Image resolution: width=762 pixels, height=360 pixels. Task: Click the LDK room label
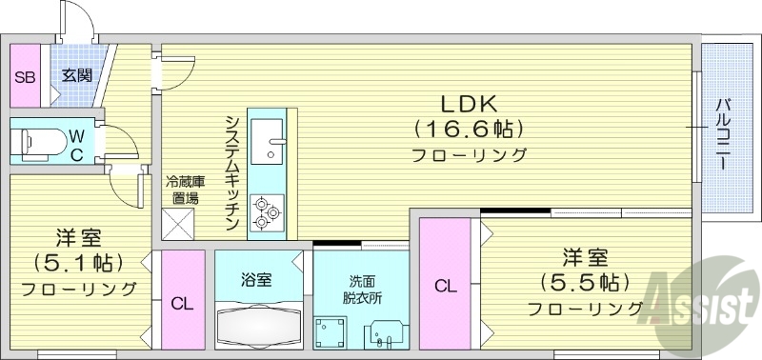coord(469,103)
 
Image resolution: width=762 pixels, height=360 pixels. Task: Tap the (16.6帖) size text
coord(469,128)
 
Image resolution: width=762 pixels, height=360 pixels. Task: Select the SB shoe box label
coord(25,77)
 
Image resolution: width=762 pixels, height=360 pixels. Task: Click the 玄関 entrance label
coord(76,75)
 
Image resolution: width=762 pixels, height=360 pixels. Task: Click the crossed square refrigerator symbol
coord(178,225)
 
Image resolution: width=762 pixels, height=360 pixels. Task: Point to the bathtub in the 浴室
coord(257,325)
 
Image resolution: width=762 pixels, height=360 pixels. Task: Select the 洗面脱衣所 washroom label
coord(361,288)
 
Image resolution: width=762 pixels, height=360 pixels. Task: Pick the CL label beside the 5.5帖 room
coord(445,285)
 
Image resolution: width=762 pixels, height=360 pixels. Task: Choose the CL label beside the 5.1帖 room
coord(181,304)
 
